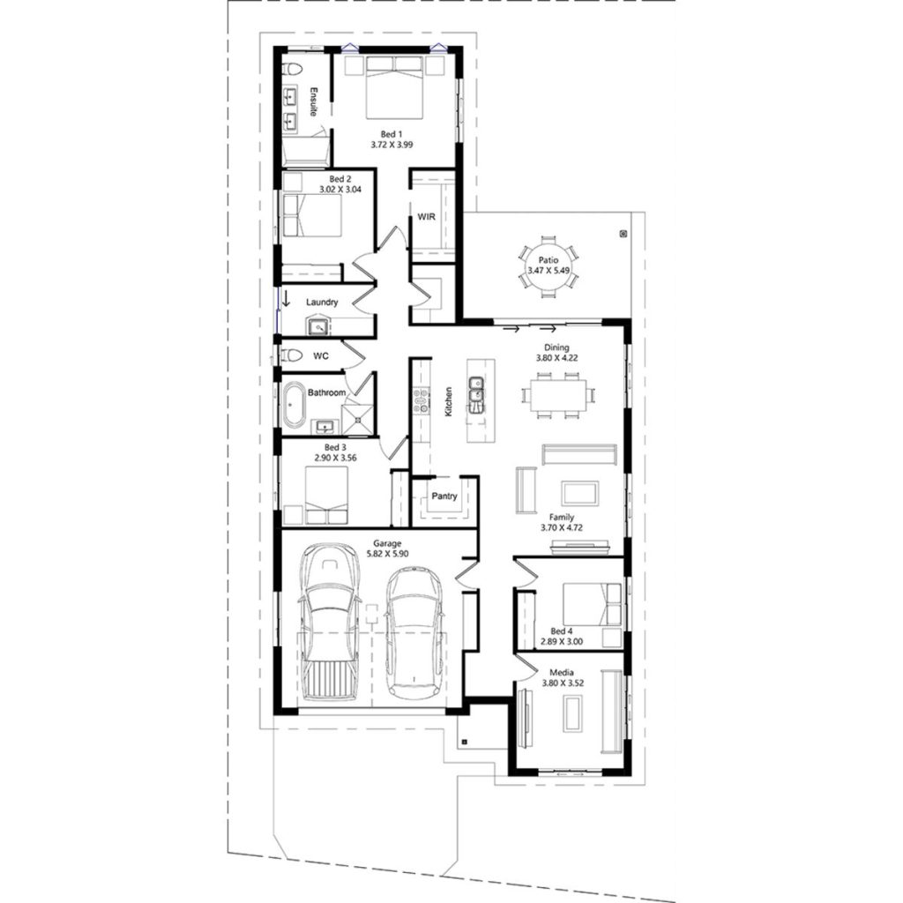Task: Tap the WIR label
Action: [426, 216]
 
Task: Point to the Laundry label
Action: [322, 302]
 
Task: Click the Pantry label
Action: [444, 496]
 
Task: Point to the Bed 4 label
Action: [561, 631]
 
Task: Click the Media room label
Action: [561, 669]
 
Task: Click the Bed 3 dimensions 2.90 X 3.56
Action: [328, 459]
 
